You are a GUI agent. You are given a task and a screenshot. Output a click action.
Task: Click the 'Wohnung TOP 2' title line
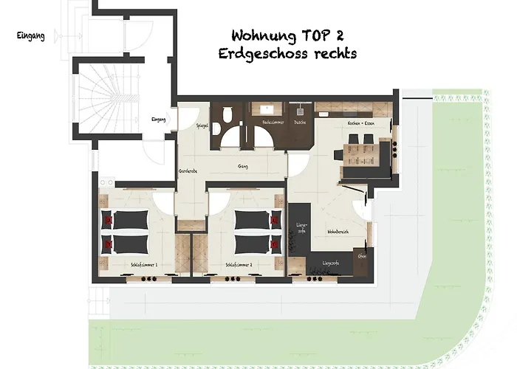pos(288,35)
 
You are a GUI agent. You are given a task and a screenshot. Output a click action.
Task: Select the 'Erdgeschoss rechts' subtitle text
pos(288,54)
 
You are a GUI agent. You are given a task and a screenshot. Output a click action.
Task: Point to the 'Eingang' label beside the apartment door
pos(157,120)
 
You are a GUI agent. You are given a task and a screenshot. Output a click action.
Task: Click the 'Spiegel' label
pos(200,126)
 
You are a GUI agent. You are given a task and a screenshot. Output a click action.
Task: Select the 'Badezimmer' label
pos(272,122)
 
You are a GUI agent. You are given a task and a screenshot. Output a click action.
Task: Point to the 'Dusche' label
pos(300,122)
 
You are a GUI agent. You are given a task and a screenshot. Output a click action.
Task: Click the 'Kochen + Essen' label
pos(358,124)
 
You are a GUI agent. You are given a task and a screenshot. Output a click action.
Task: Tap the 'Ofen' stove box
pos(362,256)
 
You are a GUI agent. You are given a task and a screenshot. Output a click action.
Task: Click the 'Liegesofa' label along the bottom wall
pos(330,263)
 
